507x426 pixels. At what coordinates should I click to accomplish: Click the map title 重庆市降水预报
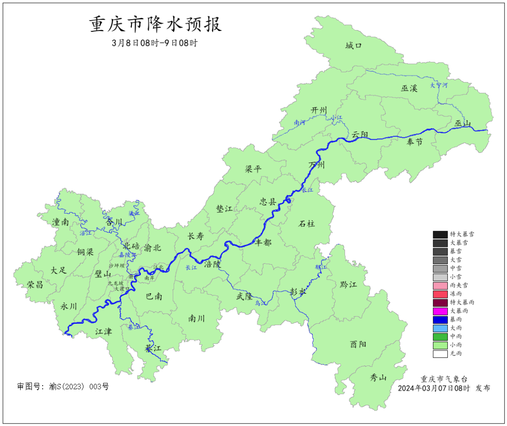pyautogui.click(x=155, y=24)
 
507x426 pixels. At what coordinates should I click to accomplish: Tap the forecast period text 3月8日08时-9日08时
pyautogui.click(x=155, y=43)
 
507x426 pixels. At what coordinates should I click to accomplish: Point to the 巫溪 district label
pyautogui.click(x=409, y=88)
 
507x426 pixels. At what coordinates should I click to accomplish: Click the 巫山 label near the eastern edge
pyautogui.click(x=462, y=124)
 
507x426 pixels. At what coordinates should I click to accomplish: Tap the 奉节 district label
pyautogui.click(x=415, y=142)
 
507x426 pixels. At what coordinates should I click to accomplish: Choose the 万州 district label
pyautogui.click(x=316, y=165)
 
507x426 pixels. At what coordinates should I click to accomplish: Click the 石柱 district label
pyautogui.click(x=307, y=224)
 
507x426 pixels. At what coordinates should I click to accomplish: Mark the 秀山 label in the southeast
pyautogui.click(x=378, y=378)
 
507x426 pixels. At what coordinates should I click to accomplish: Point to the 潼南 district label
pyautogui.click(x=61, y=222)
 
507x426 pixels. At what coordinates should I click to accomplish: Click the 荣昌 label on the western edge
pyautogui.click(x=35, y=285)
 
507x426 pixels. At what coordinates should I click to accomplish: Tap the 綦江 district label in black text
pyautogui.click(x=153, y=349)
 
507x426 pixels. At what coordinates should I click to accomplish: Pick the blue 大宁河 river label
pyautogui.click(x=439, y=86)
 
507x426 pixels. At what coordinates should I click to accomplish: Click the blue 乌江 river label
pyautogui.click(x=261, y=304)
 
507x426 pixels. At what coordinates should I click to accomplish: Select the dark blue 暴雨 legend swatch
pyautogui.click(x=440, y=319)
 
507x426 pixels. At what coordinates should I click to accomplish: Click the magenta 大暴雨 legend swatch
pyautogui.click(x=440, y=311)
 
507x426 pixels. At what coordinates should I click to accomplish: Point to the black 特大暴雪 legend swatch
pyautogui.click(x=440, y=234)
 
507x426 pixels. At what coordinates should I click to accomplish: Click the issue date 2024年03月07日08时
pyautogui.click(x=434, y=388)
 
